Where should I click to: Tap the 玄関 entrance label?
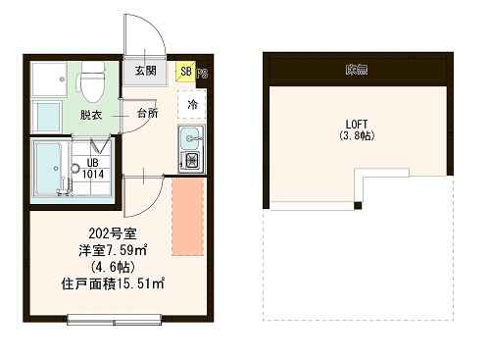coord(145,71)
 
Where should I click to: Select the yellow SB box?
coord(185,72)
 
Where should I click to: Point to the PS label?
coord(201,73)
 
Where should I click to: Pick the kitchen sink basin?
coord(190,137)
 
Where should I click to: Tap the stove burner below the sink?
coord(191,159)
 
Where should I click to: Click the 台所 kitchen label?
coord(147,114)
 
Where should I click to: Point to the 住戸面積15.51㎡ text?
coord(111,284)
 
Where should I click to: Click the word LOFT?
coord(357,124)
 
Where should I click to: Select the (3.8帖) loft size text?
coord(358,136)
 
